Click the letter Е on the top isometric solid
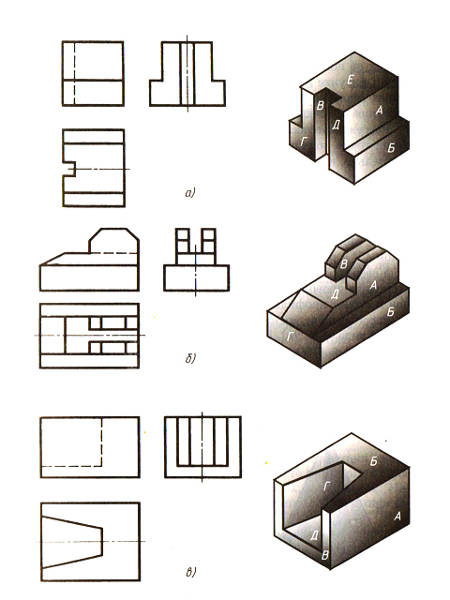click(351, 80)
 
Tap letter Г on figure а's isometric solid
click(304, 142)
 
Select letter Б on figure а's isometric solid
click(391, 148)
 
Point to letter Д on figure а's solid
click(336, 125)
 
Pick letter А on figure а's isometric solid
click(379, 111)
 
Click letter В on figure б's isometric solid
click(344, 263)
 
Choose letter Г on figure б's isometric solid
click(291, 336)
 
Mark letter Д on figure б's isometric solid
click(336, 293)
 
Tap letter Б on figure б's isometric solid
click(390, 312)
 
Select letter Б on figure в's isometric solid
click(374, 461)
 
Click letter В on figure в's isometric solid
click(325, 555)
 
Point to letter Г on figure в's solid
click(327, 486)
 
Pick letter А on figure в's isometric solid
click(397, 517)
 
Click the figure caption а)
click(190, 193)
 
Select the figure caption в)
click(190, 573)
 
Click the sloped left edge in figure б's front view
click(52, 259)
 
